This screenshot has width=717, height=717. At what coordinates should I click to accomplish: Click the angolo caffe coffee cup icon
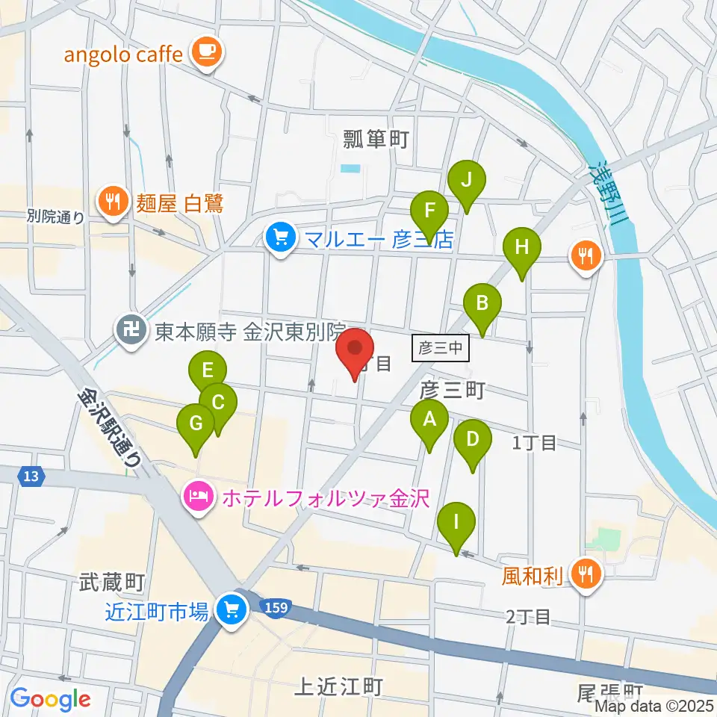(205, 52)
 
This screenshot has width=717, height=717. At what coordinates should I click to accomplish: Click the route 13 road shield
(30, 475)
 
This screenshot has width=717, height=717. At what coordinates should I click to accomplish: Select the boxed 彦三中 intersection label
(441, 348)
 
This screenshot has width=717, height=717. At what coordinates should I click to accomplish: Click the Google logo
(51, 699)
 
